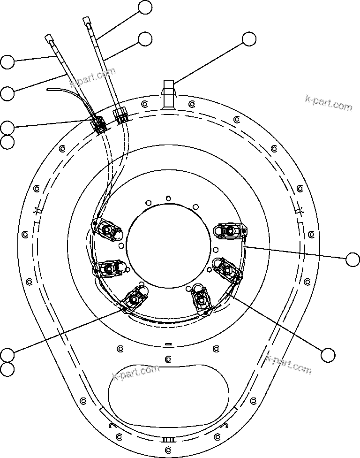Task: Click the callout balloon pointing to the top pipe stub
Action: coord(249,39)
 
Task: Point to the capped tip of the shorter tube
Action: coord(49,38)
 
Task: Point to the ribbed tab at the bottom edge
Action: coord(168,439)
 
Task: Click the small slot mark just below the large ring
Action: coord(168,344)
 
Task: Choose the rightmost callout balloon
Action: coord(352,259)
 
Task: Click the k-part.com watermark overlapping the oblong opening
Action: coord(136,372)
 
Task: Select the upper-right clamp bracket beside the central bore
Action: coord(230,230)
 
